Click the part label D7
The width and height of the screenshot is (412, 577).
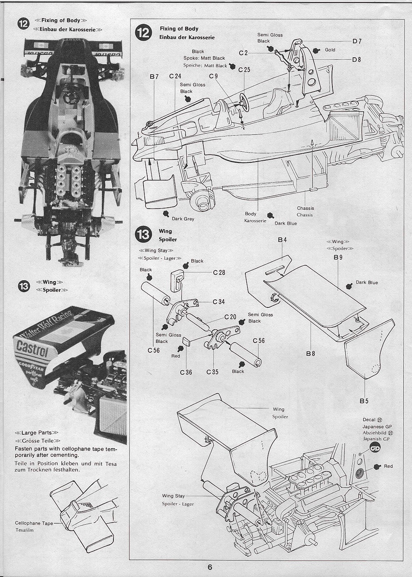pos(357,41)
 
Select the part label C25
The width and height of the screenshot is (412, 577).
pos(244,70)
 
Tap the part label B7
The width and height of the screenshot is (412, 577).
pos(154,76)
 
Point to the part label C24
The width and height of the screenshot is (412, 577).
pos(175,76)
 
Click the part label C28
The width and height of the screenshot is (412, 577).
pos(219,272)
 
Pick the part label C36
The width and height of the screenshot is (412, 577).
pos(186,372)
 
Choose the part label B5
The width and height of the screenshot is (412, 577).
pos(364,400)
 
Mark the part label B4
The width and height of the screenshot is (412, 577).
pos(282,239)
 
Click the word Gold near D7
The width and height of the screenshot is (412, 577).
pos(330,50)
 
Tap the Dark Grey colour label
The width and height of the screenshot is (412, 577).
pos(183,219)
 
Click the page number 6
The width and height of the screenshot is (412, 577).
pos(210,567)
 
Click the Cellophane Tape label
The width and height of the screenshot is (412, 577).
pos(34,523)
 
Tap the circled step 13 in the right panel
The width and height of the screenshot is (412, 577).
pos(144,235)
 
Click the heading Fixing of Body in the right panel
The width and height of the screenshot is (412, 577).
pos(179,29)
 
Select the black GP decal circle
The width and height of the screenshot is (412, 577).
pos(375,449)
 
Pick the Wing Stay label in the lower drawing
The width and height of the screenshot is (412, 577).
pos(174,496)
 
